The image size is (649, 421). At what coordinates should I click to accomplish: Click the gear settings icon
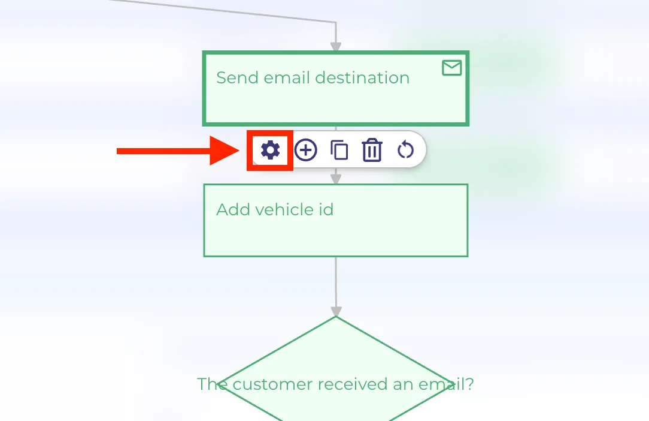(270, 150)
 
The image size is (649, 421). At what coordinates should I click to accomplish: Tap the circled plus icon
(305, 150)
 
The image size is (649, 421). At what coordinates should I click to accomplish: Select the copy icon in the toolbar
(339, 150)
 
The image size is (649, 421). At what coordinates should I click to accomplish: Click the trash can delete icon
(372, 150)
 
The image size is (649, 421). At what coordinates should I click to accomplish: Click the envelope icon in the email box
(451, 68)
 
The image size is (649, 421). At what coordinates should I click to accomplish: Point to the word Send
(237, 77)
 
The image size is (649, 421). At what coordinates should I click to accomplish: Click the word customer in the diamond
(273, 384)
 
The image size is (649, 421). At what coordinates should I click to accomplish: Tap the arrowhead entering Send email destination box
(336, 46)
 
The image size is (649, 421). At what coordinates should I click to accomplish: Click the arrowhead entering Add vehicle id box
(336, 179)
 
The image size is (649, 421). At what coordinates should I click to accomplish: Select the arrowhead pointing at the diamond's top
(336, 311)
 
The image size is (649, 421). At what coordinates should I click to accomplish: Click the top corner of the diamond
(336, 317)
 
